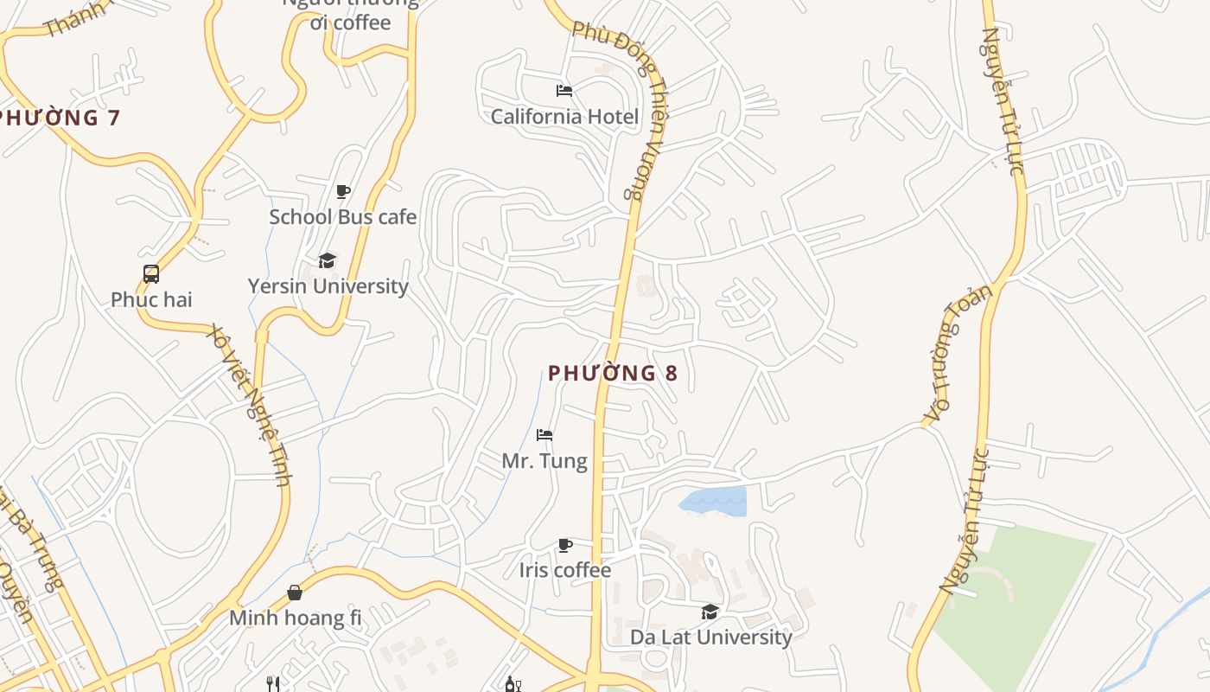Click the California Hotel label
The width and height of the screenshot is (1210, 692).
click(x=564, y=117)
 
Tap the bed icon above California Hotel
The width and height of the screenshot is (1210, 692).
click(x=564, y=91)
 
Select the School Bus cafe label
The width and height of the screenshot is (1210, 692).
click(x=342, y=217)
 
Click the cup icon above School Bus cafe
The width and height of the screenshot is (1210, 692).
click(x=343, y=191)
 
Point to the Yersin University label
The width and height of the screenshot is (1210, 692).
click(x=328, y=286)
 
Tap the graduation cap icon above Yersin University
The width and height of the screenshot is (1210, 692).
click(x=327, y=260)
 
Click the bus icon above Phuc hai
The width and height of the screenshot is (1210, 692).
click(x=151, y=274)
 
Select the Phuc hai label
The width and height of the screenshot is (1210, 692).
click(x=151, y=300)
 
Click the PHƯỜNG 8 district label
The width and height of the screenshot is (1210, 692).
click(x=613, y=374)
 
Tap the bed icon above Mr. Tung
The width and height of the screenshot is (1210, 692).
click(x=544, y=435)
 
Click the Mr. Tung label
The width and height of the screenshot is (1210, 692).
click(x=544, y=461)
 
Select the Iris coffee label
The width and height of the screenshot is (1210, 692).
click(x=565, y=571)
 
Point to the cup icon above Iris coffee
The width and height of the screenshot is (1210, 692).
click(x=565, y=545)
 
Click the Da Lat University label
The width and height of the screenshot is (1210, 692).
click(x=710, y=638)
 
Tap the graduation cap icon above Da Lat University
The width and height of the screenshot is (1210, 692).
click(x=710, y=612)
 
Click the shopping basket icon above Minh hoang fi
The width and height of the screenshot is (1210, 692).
click(x=295, y=593)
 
